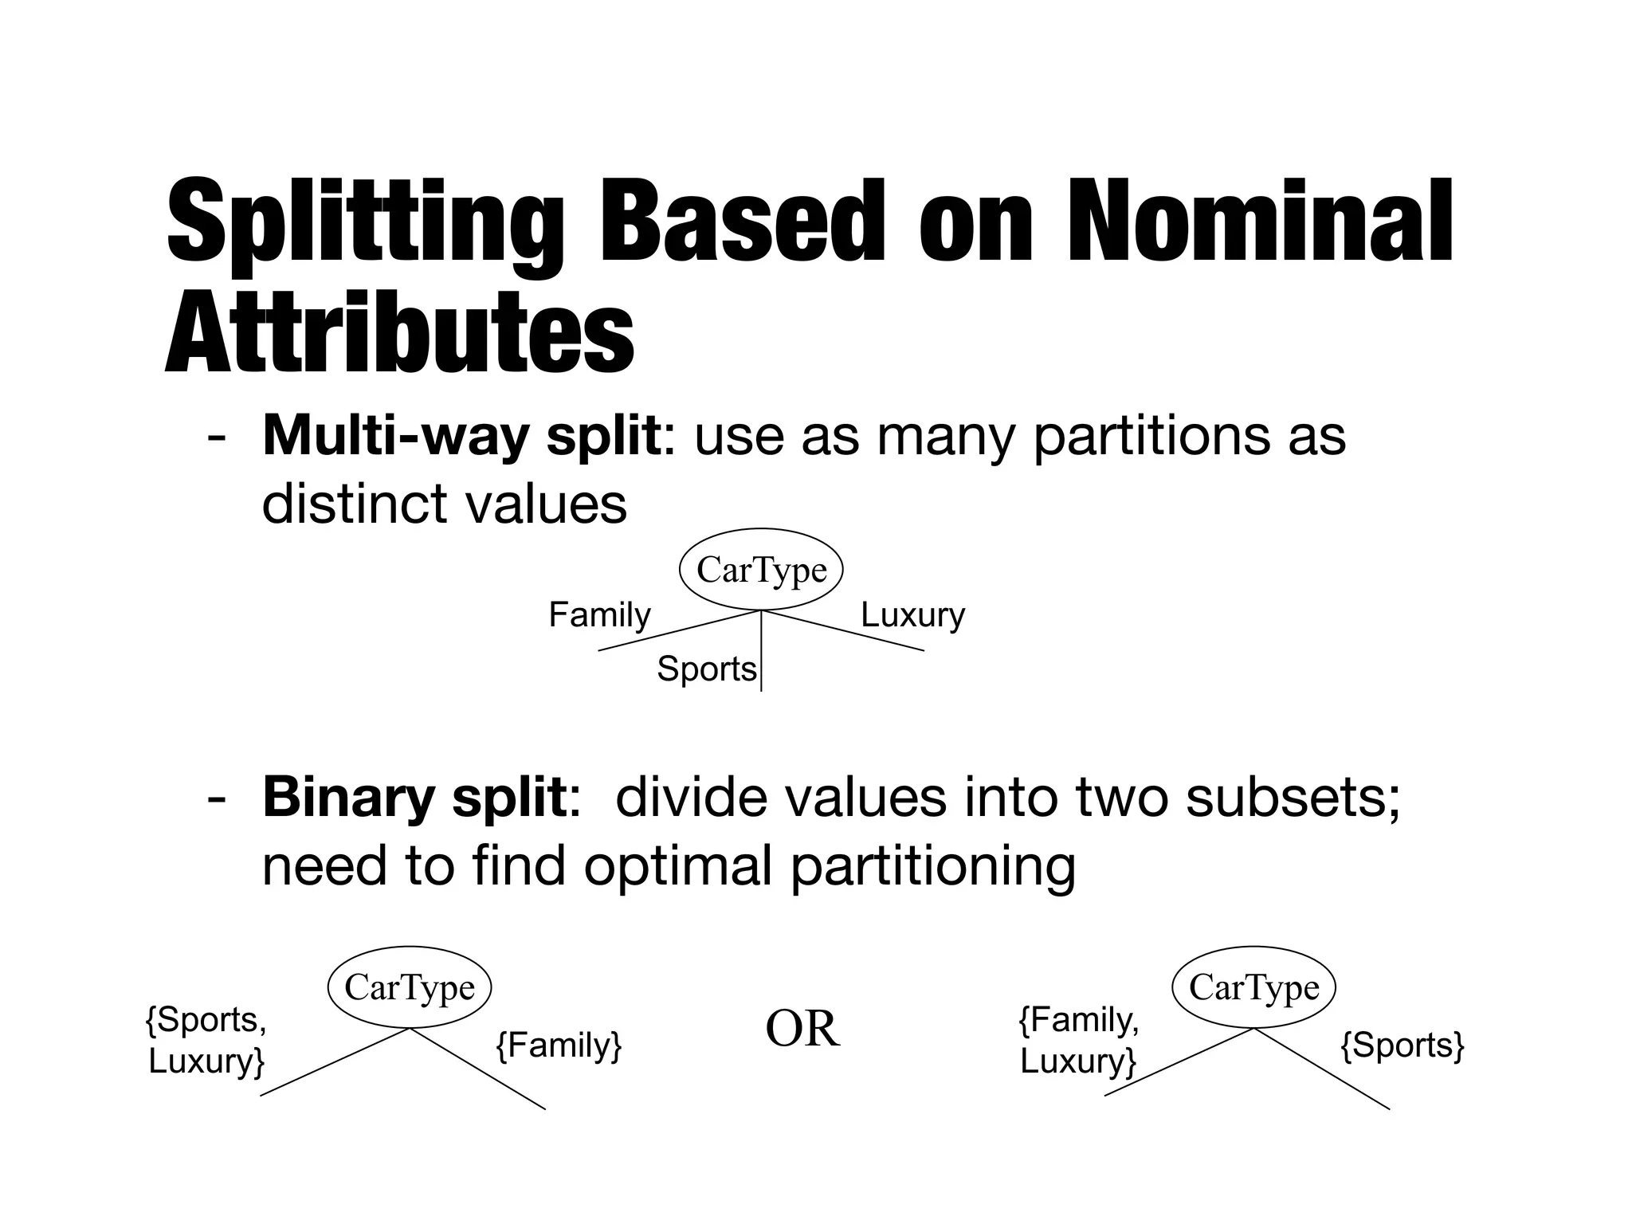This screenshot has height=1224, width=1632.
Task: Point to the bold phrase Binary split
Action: (x=414, y=798)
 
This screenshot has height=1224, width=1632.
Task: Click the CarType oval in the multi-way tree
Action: (x=761, y=570)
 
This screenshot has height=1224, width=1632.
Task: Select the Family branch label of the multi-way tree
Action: (x=599, y=615)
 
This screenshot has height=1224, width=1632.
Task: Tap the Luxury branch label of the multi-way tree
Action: (x=912, y=615)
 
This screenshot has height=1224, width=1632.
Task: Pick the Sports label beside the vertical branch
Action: (x=706, y=669)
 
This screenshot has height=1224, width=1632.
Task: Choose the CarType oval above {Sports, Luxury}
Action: (x=410, y=987)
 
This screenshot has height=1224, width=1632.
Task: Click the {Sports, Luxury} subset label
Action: (x=206, y=1040)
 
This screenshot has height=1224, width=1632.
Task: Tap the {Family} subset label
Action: (x=559, y=1045)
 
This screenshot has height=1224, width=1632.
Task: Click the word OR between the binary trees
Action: (x=802, y=1029)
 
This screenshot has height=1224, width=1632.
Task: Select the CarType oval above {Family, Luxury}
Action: (x=1253, y=987)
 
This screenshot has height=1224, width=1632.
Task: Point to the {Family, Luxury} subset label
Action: (x=1079, y=1040)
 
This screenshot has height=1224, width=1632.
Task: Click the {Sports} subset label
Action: (x=1402, y=1045)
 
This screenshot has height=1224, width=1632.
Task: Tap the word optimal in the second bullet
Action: (x=677, y=866)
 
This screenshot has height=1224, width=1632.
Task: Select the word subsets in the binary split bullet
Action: (x=1291, y=798)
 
